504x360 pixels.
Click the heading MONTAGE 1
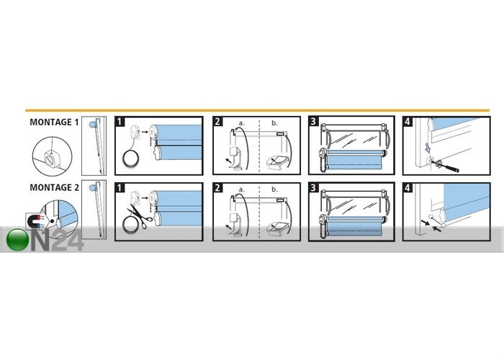[54, 122]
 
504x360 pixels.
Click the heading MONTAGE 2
[54, 187]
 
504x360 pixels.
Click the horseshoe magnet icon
[34, 222]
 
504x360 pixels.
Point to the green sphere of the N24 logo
[17, 240]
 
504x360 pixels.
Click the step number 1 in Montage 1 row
[120, 122]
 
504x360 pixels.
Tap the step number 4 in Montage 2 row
[408, 187]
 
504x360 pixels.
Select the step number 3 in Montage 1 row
[313, 122]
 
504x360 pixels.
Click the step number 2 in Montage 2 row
[217, 187]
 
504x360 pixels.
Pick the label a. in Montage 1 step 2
[241, 123]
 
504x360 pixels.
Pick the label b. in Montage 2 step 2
[274, 189]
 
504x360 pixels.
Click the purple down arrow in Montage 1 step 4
[427, 148]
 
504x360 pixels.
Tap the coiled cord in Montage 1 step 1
[132, 158]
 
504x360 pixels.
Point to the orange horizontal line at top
[257, 111]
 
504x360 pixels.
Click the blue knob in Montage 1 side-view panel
[93, 123]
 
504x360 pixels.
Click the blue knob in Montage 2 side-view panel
[93, 187]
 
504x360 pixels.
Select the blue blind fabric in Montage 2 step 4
[466, 201]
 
